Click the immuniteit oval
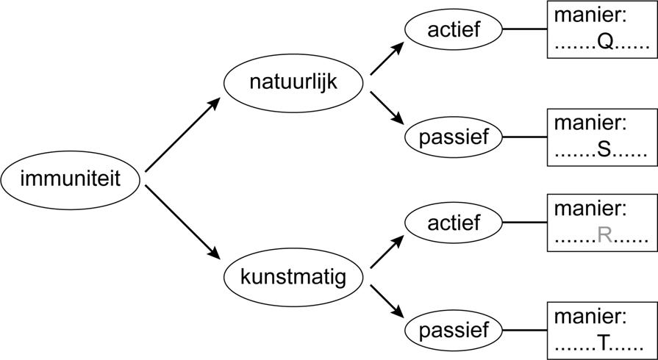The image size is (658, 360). click(71, 179)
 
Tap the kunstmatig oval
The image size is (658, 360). click(294, 278)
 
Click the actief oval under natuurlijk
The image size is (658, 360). click(454, 30)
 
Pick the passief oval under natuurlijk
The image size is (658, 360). click(454, 136)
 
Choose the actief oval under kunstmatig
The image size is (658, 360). click(454, 221)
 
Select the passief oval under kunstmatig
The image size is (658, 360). click(454, 328)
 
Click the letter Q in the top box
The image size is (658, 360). click(605, 44)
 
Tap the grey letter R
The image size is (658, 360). click(605, 235)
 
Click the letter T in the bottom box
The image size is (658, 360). click(604, 342)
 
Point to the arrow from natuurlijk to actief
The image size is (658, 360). click(387, 58)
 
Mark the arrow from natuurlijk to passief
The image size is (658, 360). click(387, 107)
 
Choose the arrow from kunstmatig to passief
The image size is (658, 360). click(387, 302)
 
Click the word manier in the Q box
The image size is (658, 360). click(589, 15)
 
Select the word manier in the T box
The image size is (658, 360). click(589, 317)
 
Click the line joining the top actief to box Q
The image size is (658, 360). click(525, 30)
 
